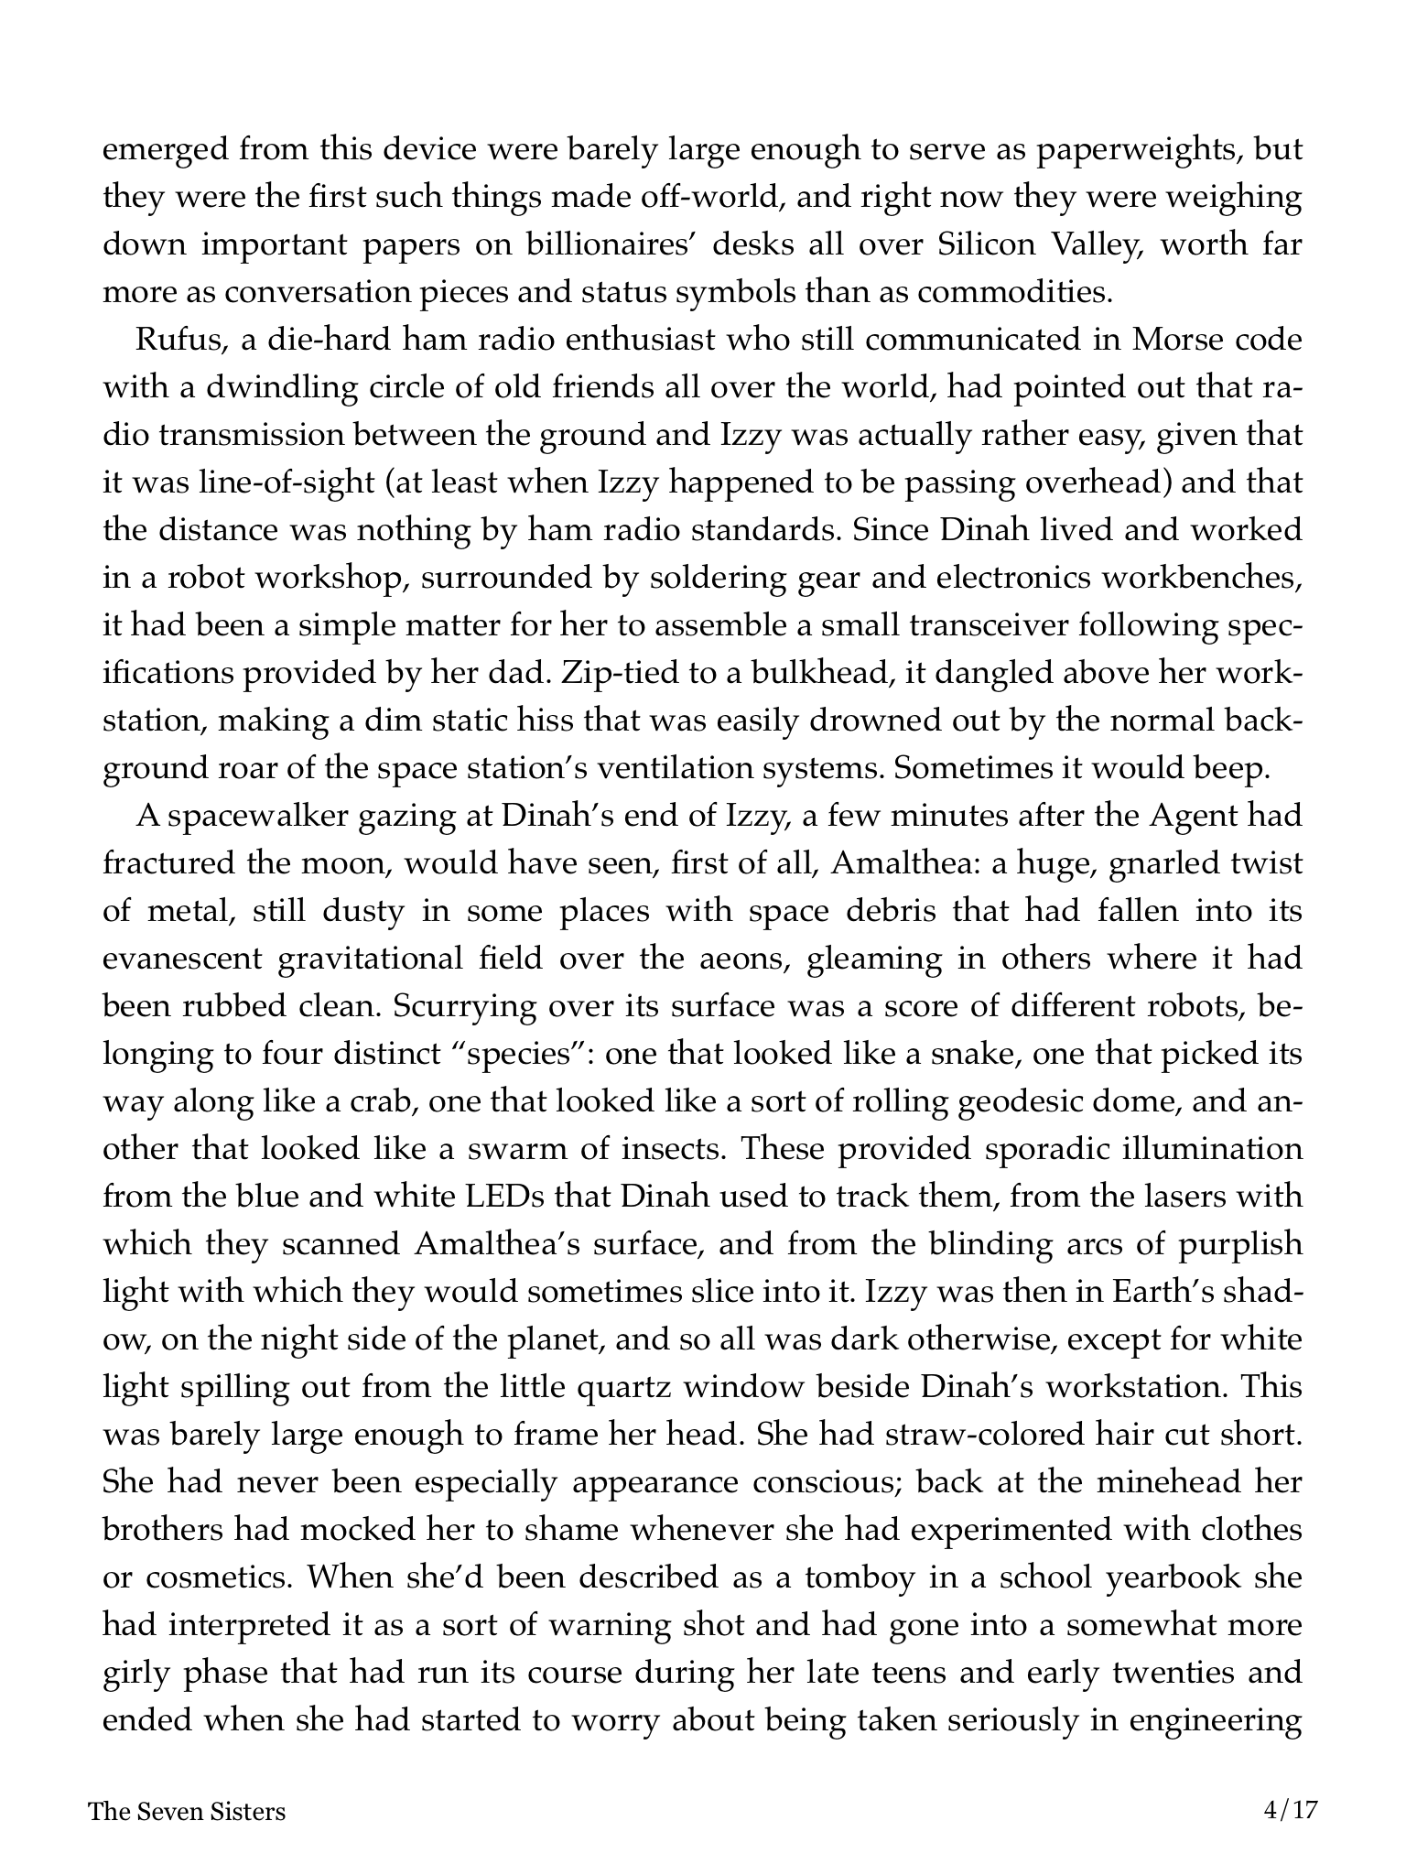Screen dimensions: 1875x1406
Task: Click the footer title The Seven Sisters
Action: pyautogui.click(x=187, y=1812)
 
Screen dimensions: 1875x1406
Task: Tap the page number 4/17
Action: pyautogui.click(x=1290, y=1810)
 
